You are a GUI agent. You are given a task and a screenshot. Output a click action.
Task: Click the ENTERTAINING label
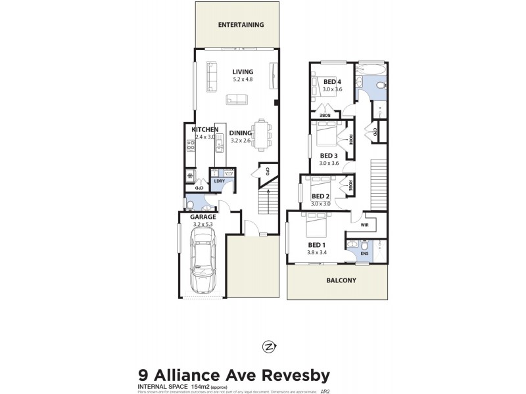click(x=241, y=25)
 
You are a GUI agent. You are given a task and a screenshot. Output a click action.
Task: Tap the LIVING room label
click(x=243, y=72)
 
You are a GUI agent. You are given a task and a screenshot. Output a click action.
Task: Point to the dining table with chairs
click(x=262, y=134)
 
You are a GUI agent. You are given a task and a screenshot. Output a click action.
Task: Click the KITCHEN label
click(x=204, y=129)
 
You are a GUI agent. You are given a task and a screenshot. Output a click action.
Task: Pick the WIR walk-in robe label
click(x=365, y=225)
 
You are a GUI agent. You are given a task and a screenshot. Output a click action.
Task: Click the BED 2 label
click(x=320, y=196)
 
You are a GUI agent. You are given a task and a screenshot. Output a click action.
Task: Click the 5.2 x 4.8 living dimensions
click(x=243, y=79)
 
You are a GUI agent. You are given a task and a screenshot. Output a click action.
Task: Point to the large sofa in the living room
click(x=211, y=77)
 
